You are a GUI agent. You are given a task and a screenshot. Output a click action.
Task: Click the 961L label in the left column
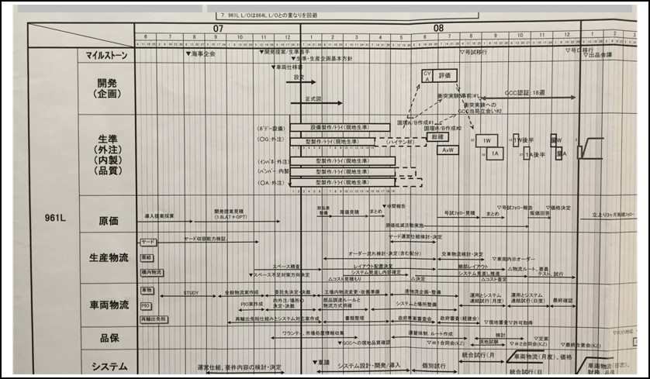click(x=51, y=218)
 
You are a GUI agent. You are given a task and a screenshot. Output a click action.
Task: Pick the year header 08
click(x=439, y=28)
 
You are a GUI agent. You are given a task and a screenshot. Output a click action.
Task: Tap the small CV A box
click(x=426, y=74)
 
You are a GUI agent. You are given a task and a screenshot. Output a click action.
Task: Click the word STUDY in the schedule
click(x=191, y=293)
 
